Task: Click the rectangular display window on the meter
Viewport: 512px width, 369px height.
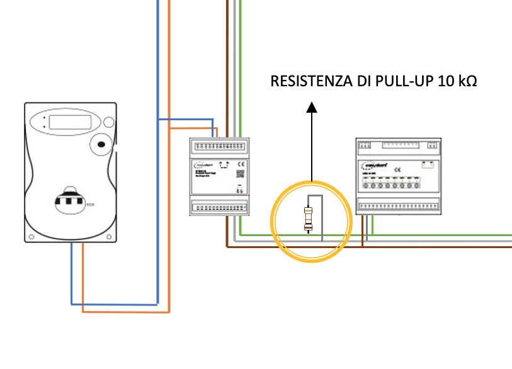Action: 72,122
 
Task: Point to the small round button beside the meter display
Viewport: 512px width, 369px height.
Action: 108,123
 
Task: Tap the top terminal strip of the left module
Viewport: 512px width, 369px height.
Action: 219,145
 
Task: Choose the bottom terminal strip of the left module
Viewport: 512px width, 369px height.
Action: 219,207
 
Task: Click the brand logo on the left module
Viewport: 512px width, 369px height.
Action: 202,165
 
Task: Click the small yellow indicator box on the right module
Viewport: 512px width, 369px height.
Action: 429,165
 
